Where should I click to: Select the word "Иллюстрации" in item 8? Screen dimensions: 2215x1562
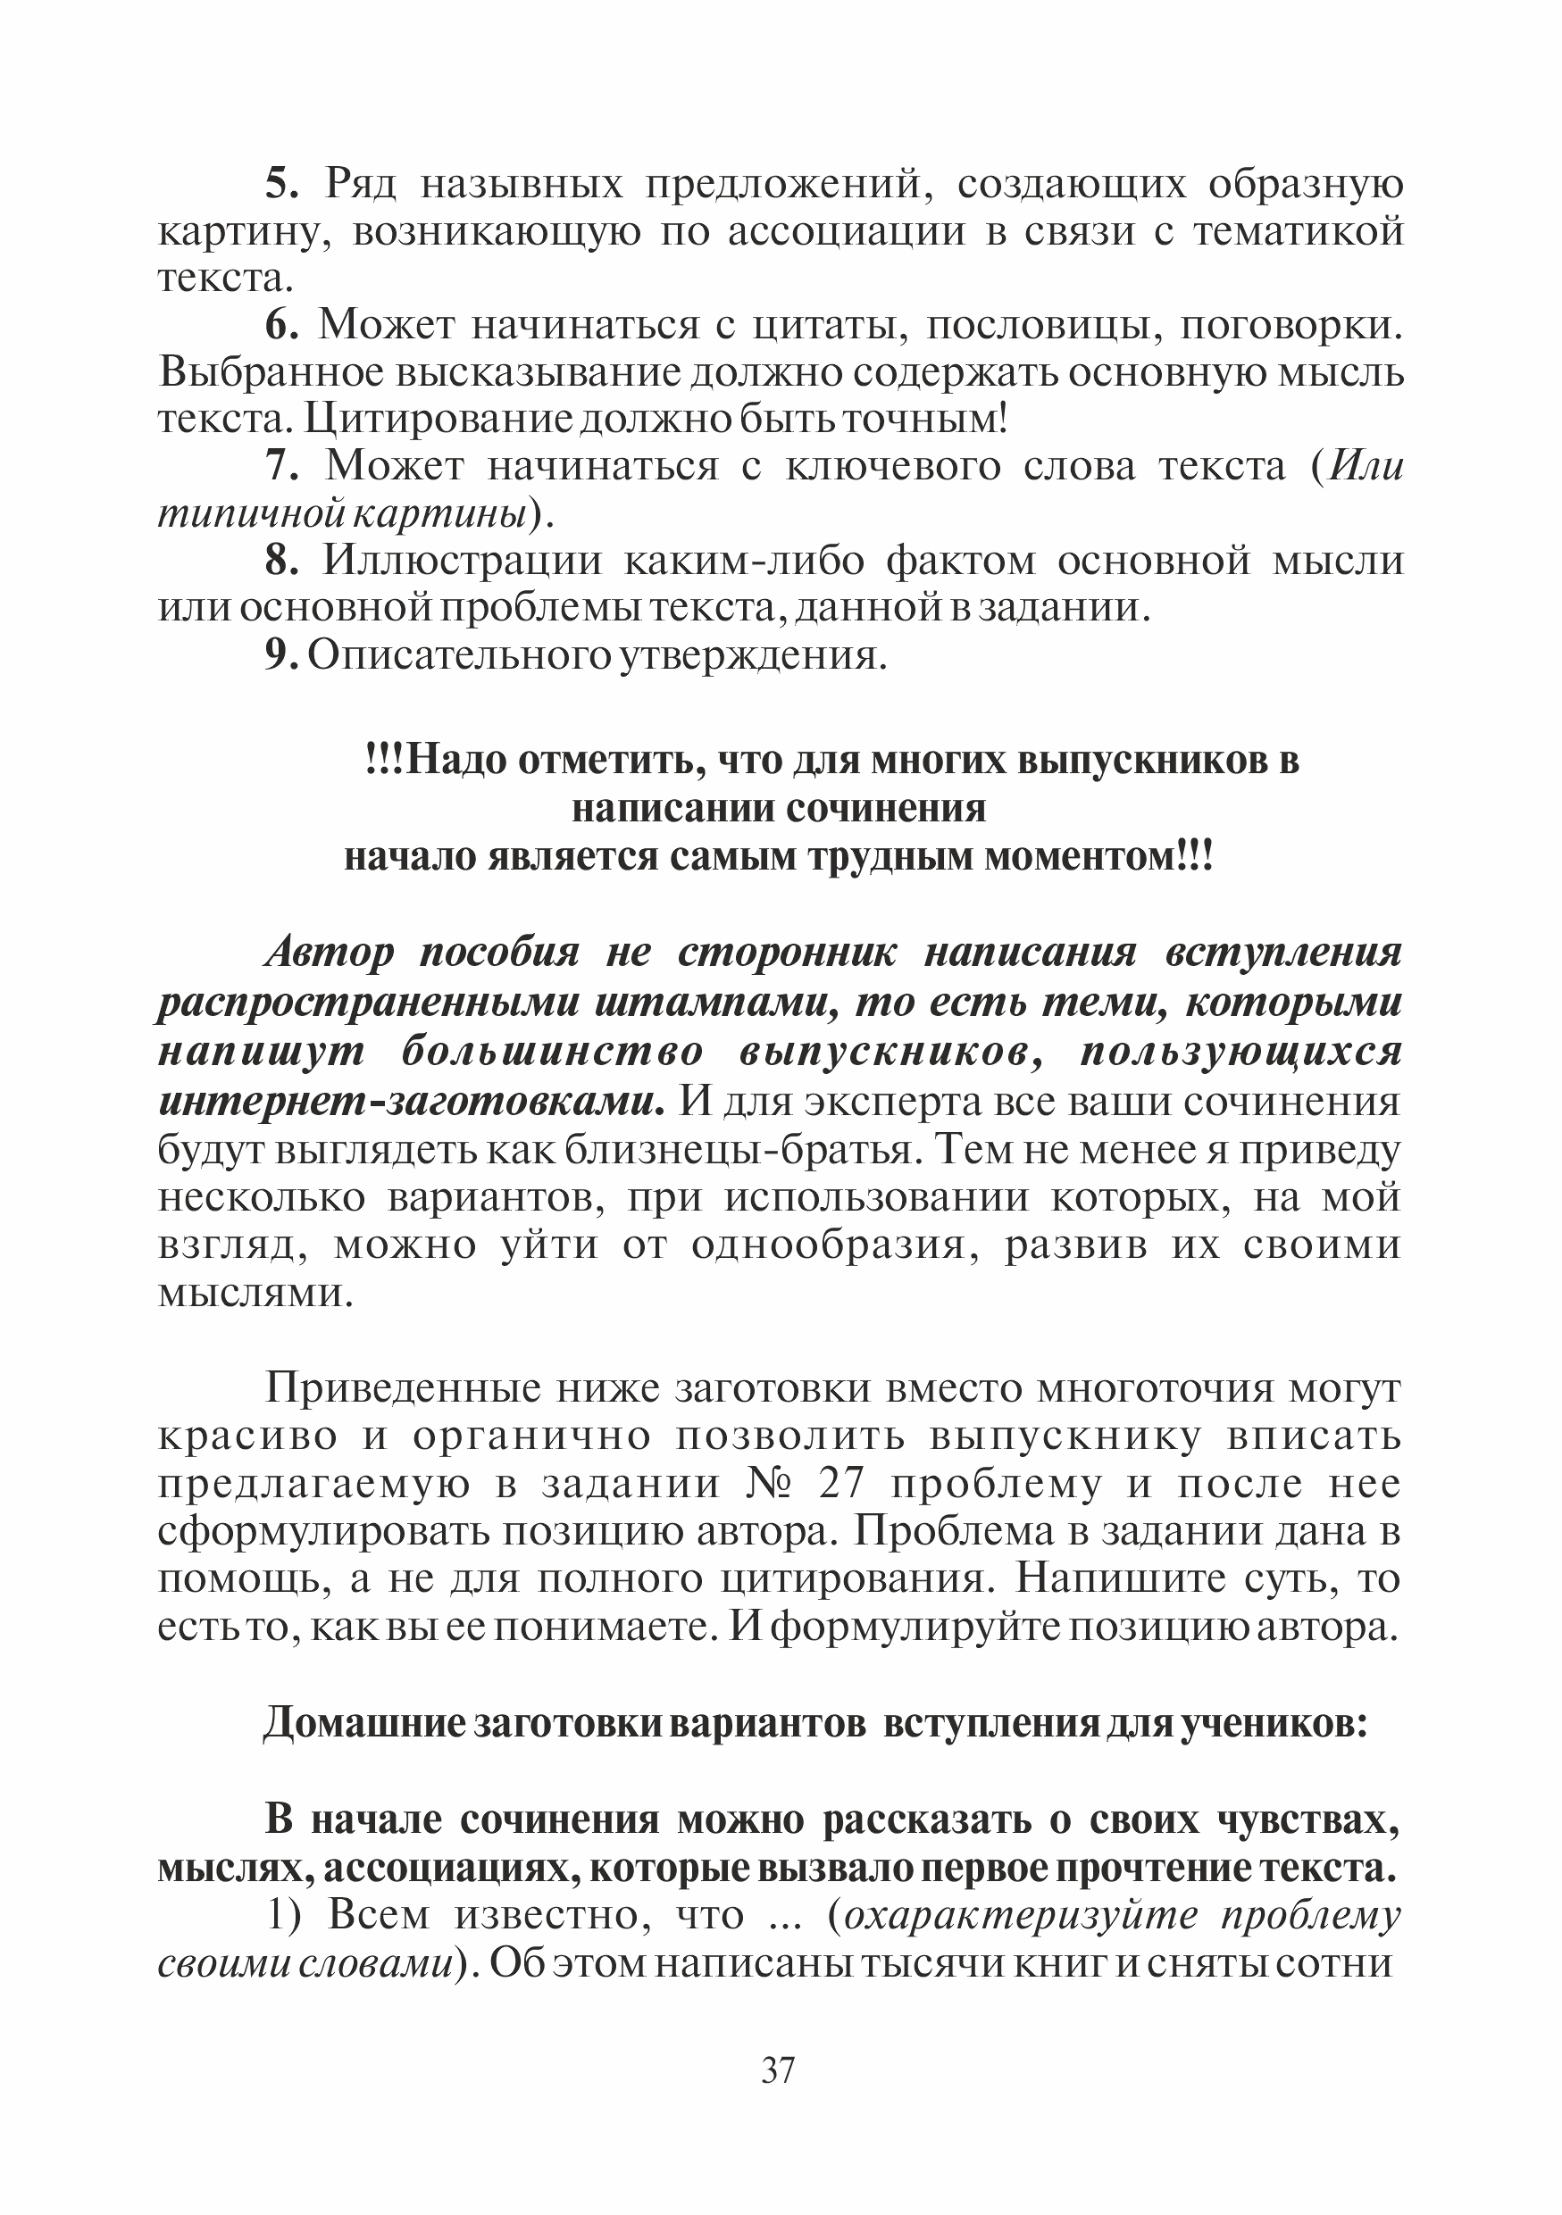click(x=461, y=562)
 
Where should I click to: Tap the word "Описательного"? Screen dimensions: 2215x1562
click(x=459, y=656)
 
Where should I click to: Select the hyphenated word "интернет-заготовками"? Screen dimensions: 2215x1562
click(x=410, y=1102)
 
